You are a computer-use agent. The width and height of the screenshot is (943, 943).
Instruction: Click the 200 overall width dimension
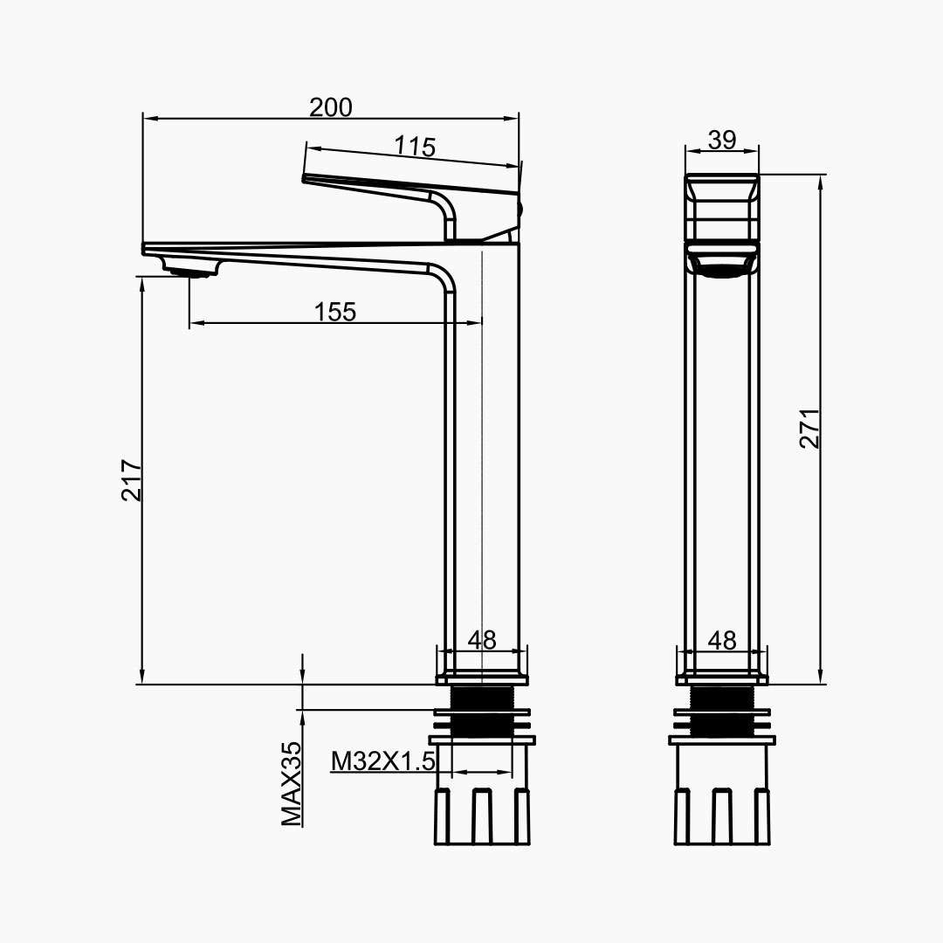pos(331,107)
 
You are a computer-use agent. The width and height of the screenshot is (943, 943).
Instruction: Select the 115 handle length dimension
pos(414,146)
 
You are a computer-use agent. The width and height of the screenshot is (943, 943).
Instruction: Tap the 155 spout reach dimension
pos(336,312)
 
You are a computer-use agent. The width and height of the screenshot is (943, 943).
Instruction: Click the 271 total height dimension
pos(809,427)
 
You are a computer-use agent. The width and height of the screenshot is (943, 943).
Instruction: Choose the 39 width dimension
pos(722,140)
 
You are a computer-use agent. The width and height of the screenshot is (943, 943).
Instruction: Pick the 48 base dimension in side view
pos(481,640)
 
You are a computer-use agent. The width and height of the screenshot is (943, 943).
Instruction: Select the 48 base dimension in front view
pos(722,640)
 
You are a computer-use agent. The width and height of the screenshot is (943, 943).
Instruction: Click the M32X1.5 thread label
pos(382,761)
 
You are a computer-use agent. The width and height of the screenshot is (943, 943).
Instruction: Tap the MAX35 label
pos(292,783)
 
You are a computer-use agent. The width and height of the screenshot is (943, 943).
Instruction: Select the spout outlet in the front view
pos(722,263)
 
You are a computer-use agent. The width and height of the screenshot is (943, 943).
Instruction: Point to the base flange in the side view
pos(482,678)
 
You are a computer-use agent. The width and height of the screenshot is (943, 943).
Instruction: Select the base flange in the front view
pos(722,678)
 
